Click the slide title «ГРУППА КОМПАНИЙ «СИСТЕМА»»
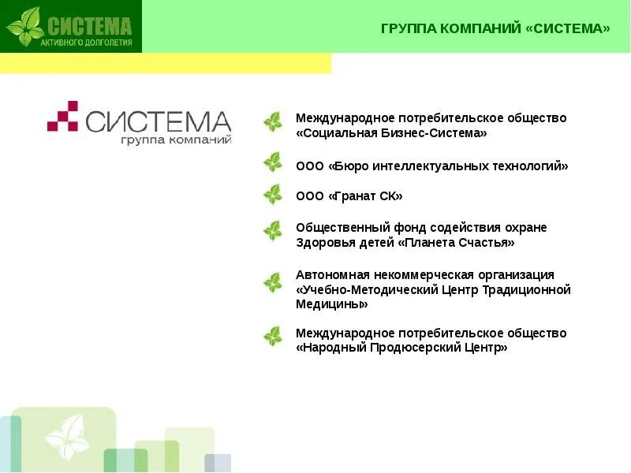[x=495, y=29]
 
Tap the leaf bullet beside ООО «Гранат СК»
[x=273, y=195]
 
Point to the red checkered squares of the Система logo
[x=62, y=116]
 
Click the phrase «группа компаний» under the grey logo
[x=175, y=140]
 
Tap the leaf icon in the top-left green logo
[x=25, y=26]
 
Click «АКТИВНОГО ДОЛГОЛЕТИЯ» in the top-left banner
[x=87, y=42]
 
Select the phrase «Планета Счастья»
[x=458, y=243]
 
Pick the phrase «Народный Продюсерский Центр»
[x=401, y=348]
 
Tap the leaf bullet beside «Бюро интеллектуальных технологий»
[x=273, y=163]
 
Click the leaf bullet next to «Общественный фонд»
[x=273, y=231]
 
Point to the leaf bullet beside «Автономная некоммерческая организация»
[x=273, y=282]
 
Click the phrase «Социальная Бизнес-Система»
[x=391, y=134]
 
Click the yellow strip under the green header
[x=166, y=63]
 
